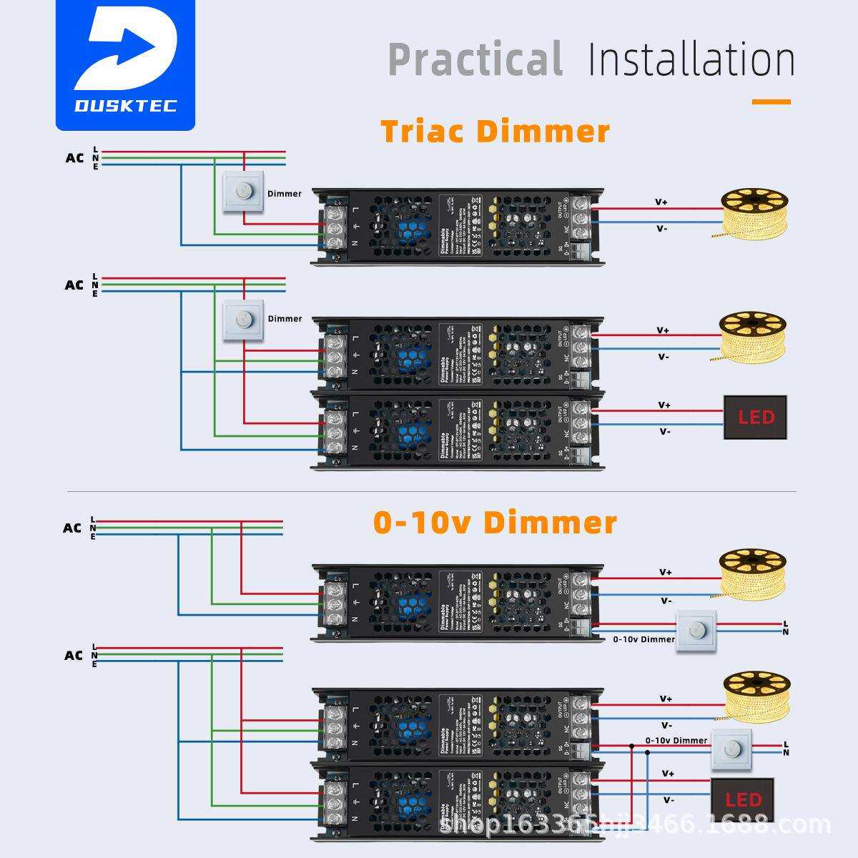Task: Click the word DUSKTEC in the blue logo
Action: [125, 106]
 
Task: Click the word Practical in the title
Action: [475, 59]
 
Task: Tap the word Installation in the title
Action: [691, 59]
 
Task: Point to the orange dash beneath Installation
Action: [771, 102]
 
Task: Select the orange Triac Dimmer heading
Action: [495, 132]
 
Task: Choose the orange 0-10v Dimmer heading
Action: [495, 523]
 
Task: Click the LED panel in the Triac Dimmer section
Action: [755, 417]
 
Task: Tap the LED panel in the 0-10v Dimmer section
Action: [742, 799]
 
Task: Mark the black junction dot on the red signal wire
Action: [631, 746]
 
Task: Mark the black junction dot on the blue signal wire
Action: [648, 753]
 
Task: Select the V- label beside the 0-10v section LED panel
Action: [669, 800]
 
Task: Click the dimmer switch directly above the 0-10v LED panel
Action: [731, 750]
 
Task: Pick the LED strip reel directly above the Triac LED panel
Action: [752, 334]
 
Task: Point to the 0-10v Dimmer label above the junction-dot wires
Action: [676, 740]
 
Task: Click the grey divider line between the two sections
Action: [431, 492]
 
